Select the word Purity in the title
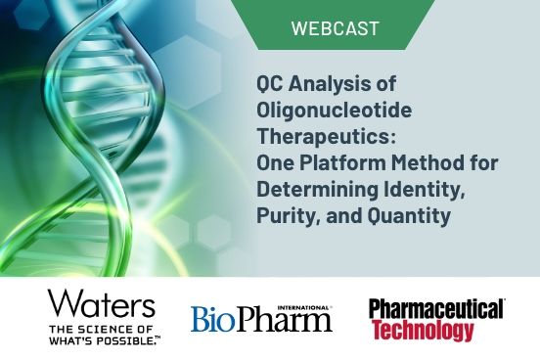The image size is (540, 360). [282, 208]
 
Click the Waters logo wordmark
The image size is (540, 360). [101, 303]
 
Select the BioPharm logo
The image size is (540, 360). [261, 319]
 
